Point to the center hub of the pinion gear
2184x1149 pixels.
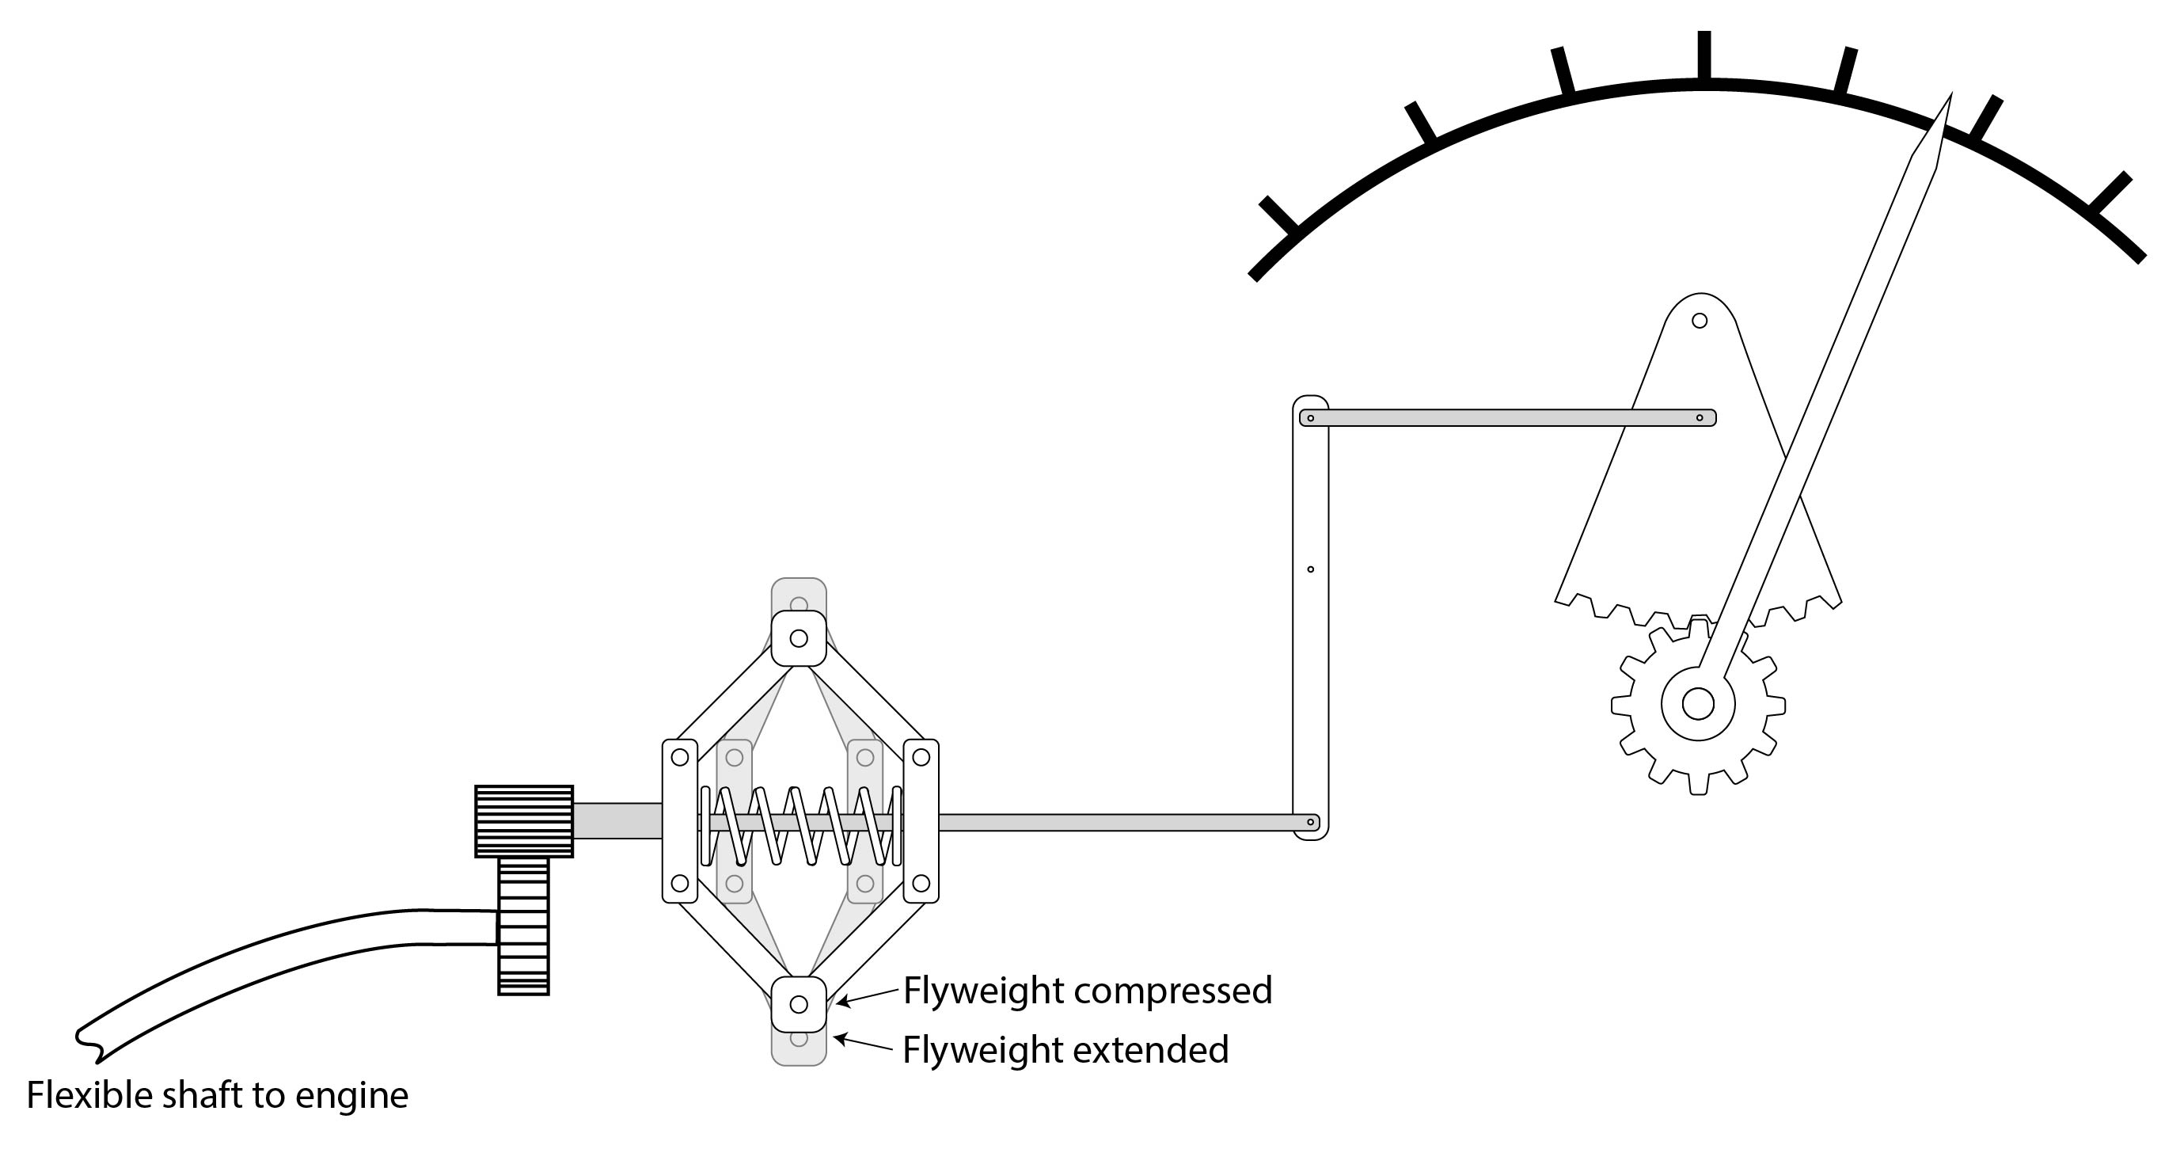click(x=1697, y=704)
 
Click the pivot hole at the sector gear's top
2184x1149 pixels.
click(x=1699, y=321)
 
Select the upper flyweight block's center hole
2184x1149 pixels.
click(x=799, y=638)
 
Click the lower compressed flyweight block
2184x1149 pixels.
click(x=799, y=1004)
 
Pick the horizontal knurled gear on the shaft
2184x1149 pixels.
click(x=524, y=821)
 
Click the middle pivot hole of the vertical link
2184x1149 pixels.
click(x=1311, y=569)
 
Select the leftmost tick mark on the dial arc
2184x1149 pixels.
click(x=1278, y=215)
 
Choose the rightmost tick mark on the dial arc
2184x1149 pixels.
click(x=2111, y=192)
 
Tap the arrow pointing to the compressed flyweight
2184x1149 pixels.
click(x=867, y=997)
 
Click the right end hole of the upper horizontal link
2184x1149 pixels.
click(x=1699, y=418)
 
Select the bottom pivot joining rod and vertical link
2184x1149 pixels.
click(x=1311, y=822)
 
